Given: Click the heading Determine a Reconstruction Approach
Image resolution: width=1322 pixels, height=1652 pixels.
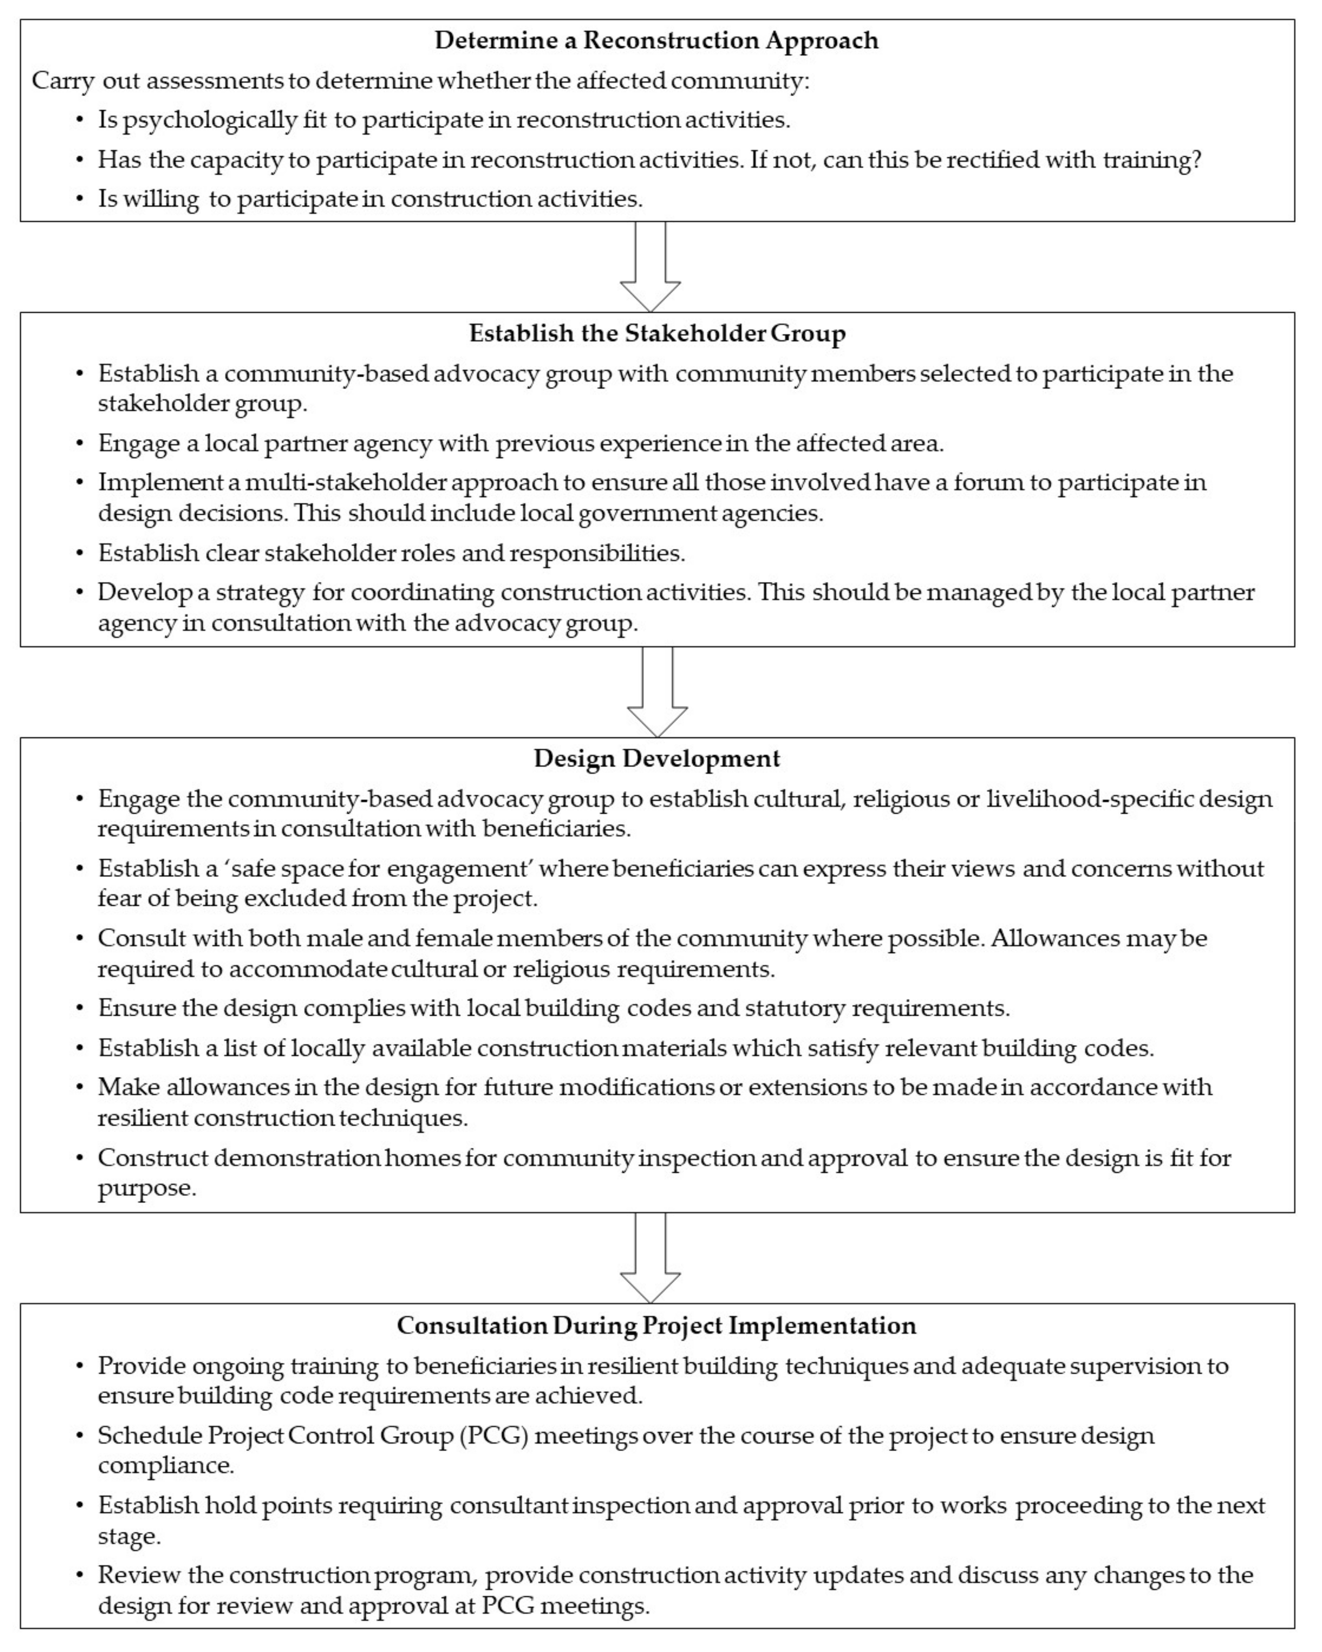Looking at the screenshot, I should point(657,41).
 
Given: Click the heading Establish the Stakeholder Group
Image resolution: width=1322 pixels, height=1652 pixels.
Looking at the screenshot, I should point(657,333).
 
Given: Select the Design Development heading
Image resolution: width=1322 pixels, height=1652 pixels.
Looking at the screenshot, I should point(657,759).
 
